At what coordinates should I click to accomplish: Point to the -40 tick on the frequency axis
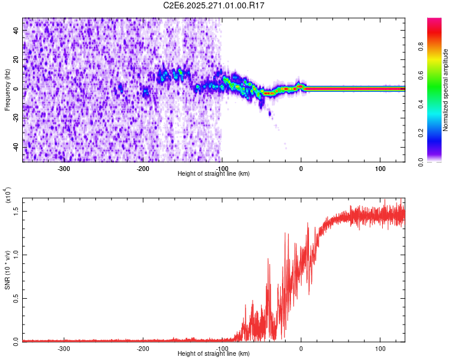click(15, 146)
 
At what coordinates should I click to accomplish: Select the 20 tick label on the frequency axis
click(16, 60)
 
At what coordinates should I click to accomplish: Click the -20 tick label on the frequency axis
click(15, 118)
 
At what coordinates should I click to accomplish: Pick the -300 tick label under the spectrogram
click(64, 168)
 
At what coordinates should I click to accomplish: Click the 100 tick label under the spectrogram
click(380, 168)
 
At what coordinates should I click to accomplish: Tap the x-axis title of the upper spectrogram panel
click(214, 174)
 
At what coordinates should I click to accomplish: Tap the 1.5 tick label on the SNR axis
click(16, 211)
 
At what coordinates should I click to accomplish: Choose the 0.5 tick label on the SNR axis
click(16, 298)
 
